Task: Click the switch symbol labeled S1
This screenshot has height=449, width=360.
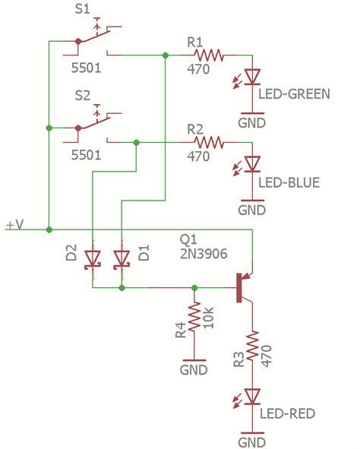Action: pos(93,43)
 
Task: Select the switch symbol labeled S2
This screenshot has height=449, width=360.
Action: pos(93,128)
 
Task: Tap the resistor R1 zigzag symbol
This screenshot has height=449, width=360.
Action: pos(209,55)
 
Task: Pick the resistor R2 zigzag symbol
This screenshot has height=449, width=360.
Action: pos(209,141)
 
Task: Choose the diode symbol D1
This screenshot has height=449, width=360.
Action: pos(121,259)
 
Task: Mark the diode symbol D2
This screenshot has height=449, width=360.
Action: pos(92,259)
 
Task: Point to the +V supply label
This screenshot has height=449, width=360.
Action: pos(16,225)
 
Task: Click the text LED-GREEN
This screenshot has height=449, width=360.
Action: pos(294,95)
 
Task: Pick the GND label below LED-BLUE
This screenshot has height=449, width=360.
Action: pos(251,209)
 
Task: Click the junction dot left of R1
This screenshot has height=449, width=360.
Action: pos(166,55)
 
